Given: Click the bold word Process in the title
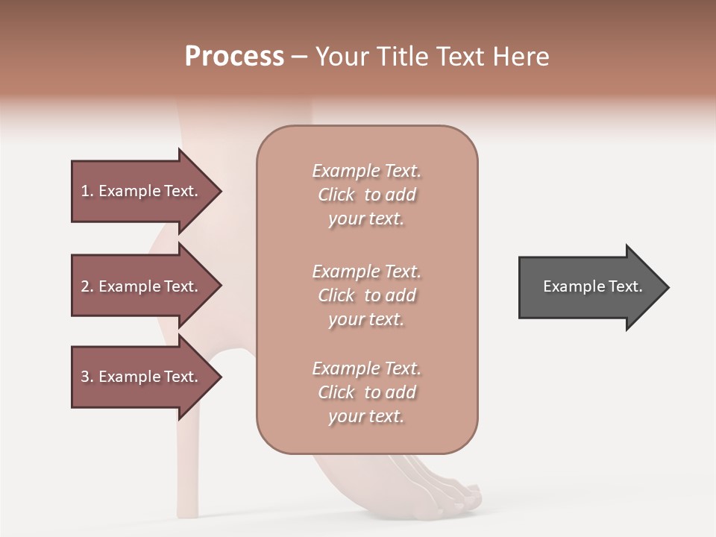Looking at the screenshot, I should pos(234,57).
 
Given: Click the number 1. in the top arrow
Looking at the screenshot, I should pos(87,191).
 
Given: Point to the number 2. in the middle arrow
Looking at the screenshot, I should pos(87,286).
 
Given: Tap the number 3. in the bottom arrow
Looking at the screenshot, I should pos(87,377).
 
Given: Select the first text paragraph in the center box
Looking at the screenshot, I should pos(366,195).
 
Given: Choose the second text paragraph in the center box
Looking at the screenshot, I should pos(366,295).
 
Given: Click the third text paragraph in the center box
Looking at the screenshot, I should pos(366,392).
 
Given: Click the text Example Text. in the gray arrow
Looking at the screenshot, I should pos(592,286).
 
